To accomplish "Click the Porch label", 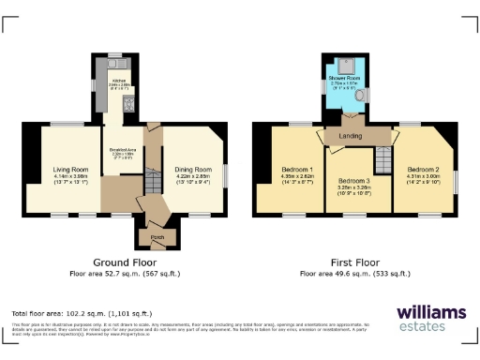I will (156, 236).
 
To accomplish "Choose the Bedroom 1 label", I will (296, 170).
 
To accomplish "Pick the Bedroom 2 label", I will (423, 170).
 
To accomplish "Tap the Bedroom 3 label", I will (353, 180).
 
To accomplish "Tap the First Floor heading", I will (353, 262).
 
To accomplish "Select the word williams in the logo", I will (430, 311).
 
